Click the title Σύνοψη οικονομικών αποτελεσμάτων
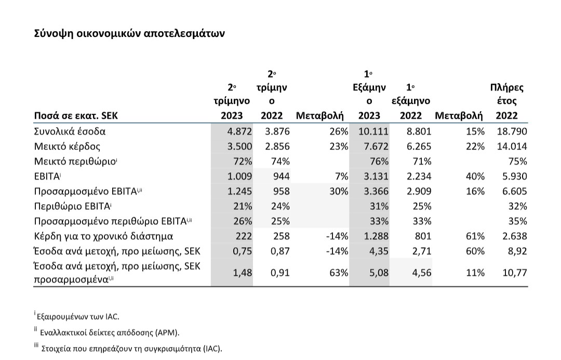[129, 34]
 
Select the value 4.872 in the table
[239, 131]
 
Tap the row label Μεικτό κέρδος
[67, 146]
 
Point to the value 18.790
[512, 131]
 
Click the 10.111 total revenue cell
[373, 131]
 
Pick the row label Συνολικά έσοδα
[70, 131]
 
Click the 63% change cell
[339, 273]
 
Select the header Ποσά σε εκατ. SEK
[76, 116]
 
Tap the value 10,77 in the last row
[515, 273]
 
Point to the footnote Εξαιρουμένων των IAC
[77, 316]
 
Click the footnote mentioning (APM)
[107, 332]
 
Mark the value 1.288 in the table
[376, 236]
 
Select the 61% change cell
[475, 236]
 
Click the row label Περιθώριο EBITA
[73, 206]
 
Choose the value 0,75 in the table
[242, 251]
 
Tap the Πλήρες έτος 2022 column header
[506, 101]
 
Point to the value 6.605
[514, 191]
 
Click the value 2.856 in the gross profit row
[277, 146]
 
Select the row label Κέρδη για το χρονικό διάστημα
[103, 236]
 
